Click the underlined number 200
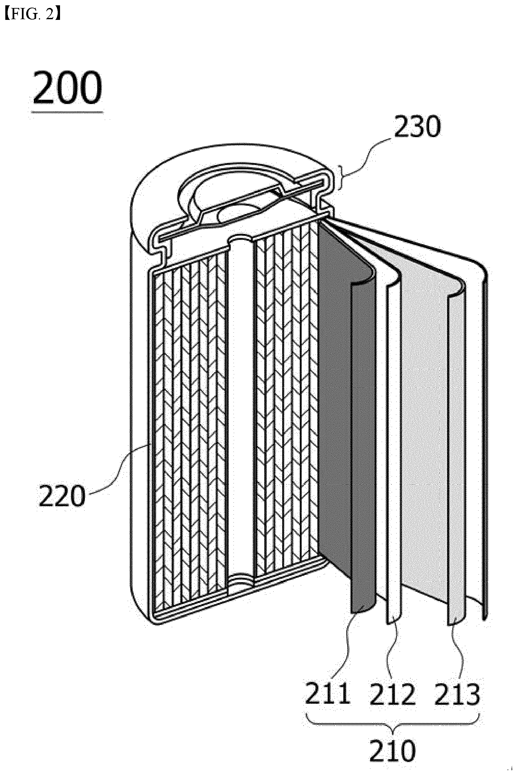tap(67, 87)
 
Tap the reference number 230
tap(417, 127)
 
